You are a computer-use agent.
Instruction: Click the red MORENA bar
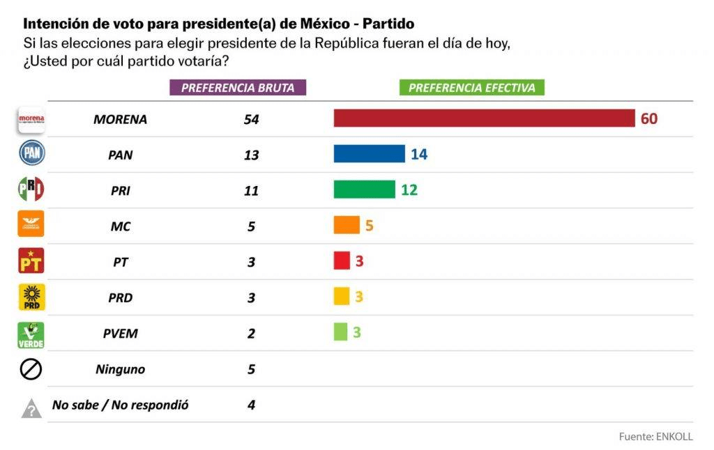point(484,118)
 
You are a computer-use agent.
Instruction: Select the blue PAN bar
point(369,154)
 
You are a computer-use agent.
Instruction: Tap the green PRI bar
point(364,189)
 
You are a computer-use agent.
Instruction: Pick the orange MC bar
point(347,225)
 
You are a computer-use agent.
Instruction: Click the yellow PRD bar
point(341,296)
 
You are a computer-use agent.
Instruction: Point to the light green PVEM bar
point(340,332)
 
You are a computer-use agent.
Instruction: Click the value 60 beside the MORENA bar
point(648,118)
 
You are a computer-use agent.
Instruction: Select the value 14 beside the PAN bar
point(418,154)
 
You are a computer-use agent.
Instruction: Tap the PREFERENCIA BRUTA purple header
point(238,88)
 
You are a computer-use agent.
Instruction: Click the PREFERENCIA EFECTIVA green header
point(471,88)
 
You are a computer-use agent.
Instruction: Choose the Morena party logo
point(31,119)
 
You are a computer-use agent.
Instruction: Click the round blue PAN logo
point(31,153)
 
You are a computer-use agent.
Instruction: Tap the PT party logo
point(31,261)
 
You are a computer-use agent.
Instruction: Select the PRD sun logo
point(31,297)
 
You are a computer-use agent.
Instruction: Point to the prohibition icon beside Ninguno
point(31,369)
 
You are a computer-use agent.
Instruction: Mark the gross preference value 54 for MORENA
point(251,119)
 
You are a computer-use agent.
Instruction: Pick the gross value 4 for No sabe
point(251,405)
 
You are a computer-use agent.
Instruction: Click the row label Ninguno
point(120,369)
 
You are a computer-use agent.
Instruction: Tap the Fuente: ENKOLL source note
point(655,437)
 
